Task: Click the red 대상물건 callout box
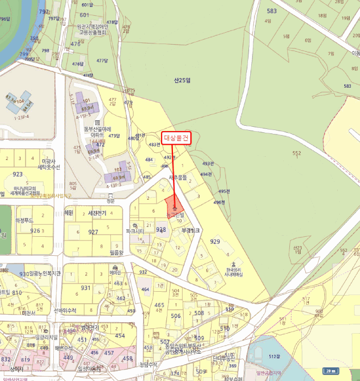176,139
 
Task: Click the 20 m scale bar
330,371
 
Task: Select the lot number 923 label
18,175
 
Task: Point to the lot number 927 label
94,232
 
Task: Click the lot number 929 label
215,241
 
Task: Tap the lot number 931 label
86,288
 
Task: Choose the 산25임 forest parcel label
183,80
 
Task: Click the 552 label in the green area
296,153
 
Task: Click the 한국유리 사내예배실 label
233,272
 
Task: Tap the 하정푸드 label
24,220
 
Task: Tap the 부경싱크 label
191,230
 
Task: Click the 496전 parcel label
219,202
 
